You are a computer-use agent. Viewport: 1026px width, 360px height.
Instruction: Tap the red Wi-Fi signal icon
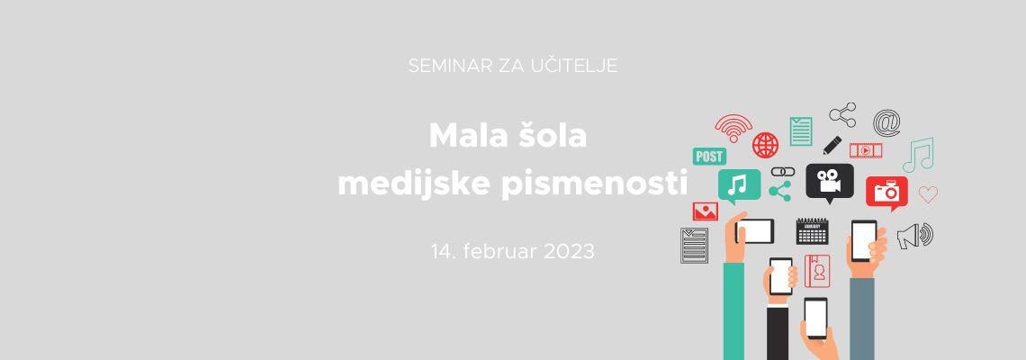point(733,128)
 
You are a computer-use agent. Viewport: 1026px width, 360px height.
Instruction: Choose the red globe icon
point(765,145)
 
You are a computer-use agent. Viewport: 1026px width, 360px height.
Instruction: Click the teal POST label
point(709,157)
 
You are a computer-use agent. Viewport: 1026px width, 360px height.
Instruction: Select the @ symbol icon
point(886,122)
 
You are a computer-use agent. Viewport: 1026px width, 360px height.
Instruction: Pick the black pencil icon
point(832,145)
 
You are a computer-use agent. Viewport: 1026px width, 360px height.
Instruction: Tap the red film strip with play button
point(866,150)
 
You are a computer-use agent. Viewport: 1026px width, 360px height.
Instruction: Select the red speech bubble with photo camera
point(886,193)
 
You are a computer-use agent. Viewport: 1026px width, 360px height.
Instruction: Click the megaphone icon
point(914,236)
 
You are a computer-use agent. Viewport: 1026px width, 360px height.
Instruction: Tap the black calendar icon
point(812,231)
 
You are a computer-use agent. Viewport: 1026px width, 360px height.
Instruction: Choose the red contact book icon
point(817,271)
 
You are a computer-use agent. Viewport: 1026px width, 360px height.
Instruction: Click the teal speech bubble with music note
point(740,185)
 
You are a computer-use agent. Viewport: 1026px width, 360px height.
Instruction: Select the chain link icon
point(783,172)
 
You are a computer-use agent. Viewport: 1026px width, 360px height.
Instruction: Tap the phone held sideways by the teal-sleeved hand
point(754,231)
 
